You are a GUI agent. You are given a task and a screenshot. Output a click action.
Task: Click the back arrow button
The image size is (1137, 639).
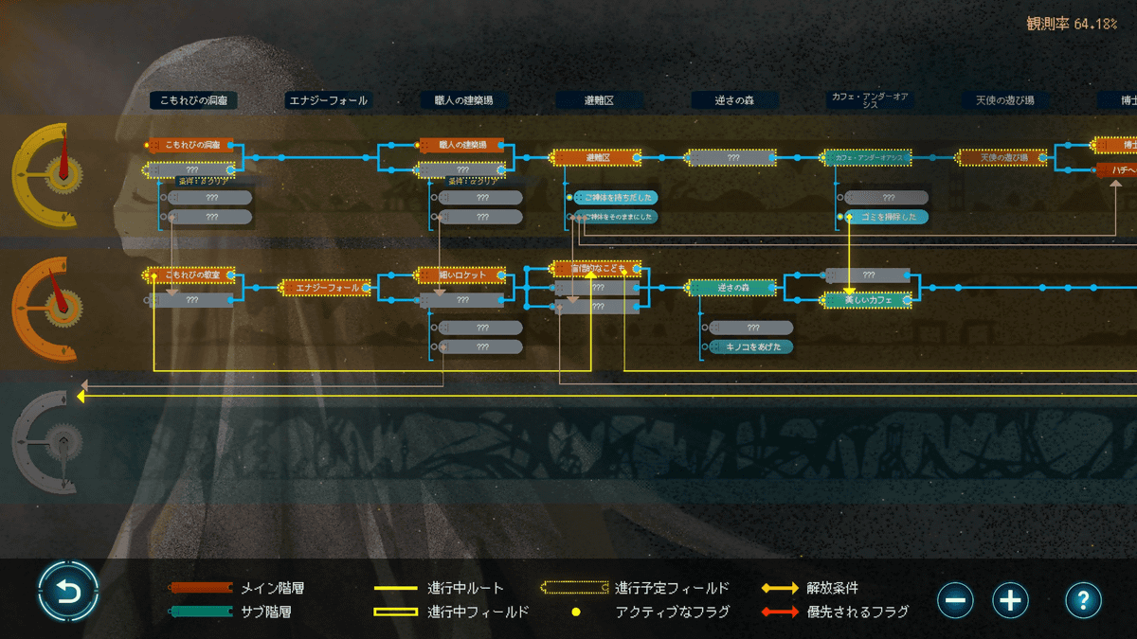(x=68, y=593)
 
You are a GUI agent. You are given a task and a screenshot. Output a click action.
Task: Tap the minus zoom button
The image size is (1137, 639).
(x=956, y=599)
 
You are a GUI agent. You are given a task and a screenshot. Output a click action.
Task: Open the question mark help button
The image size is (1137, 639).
(x=1083, y=599)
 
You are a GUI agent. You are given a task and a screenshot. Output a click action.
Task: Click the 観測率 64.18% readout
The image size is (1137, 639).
(x=1072, y=23)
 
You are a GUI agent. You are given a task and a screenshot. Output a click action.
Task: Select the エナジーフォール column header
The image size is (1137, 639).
(x=328, y=99)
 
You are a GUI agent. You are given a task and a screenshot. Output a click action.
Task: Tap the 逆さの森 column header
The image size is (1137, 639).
(x=733, y=99)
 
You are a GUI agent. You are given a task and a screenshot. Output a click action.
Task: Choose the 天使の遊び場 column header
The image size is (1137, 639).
(x=1004, y=99)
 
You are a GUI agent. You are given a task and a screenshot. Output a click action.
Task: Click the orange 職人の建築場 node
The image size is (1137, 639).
(x=462, y=145)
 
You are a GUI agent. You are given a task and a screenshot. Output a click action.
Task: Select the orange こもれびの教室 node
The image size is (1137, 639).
(x=193, y=275)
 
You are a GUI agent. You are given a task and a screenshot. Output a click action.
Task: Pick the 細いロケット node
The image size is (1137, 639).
(x=462, y=275)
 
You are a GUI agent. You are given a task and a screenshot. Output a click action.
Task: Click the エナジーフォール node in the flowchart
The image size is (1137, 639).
(x=327, y=287)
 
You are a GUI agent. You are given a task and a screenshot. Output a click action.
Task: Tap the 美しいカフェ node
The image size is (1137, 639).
(x=868, y=300)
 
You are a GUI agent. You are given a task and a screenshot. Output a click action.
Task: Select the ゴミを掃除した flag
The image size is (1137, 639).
(x=888, y=217)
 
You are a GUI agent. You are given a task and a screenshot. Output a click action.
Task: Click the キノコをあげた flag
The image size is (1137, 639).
(x=753, y=346)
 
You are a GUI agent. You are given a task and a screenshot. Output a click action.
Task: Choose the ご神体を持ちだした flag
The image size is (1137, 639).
(x=619, y=197)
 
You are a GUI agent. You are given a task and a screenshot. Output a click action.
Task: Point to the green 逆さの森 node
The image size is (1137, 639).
(x=733, y=287)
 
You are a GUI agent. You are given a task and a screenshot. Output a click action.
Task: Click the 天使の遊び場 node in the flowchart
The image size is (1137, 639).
(x=1004, y=157)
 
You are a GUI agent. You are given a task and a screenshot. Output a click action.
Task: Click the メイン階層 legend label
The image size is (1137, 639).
(x=273, y=588)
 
